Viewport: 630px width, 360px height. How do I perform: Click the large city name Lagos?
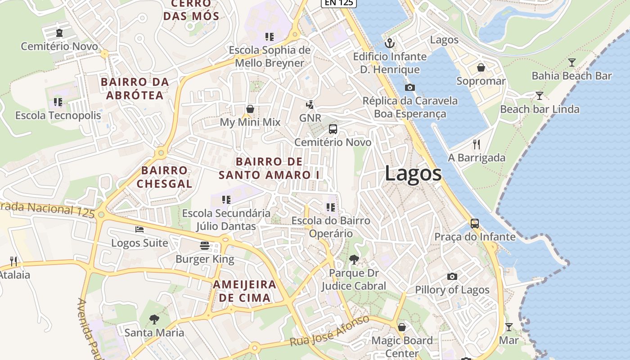click(413, 174)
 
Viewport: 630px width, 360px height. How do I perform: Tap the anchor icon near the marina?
click(390, 44)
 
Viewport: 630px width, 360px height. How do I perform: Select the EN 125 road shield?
click(339, 3)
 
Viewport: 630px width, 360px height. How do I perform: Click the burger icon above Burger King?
click(205, 246)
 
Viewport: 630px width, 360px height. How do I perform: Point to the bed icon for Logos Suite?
click(139, 229)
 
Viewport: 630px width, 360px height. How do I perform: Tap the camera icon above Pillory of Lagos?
click(452, 276)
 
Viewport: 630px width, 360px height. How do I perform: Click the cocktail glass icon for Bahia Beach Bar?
click(571, 63)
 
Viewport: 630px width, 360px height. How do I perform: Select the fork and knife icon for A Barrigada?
click(477, 144)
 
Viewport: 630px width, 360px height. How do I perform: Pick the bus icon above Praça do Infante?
click(475, 223)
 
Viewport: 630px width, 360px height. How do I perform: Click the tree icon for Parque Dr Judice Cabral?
click(354, 259)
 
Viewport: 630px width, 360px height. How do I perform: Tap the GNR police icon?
click(310, 105)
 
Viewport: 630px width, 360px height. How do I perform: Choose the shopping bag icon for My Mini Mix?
click(250, 109)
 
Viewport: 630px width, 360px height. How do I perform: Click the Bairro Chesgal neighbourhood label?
click(164, 177)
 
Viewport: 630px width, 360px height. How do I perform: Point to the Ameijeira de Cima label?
click(244, 291)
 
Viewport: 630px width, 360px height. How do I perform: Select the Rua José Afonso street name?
click(330, 331)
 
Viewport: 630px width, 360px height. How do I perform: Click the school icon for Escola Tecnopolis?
click(58, 102)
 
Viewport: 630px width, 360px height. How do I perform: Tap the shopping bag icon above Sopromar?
click(481, 68)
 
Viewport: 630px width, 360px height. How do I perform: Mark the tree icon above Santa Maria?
click(154, 319)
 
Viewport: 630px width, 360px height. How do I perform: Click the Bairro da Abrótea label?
click(135, 88)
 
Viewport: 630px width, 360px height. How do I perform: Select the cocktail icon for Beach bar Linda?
click(539, 96)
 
